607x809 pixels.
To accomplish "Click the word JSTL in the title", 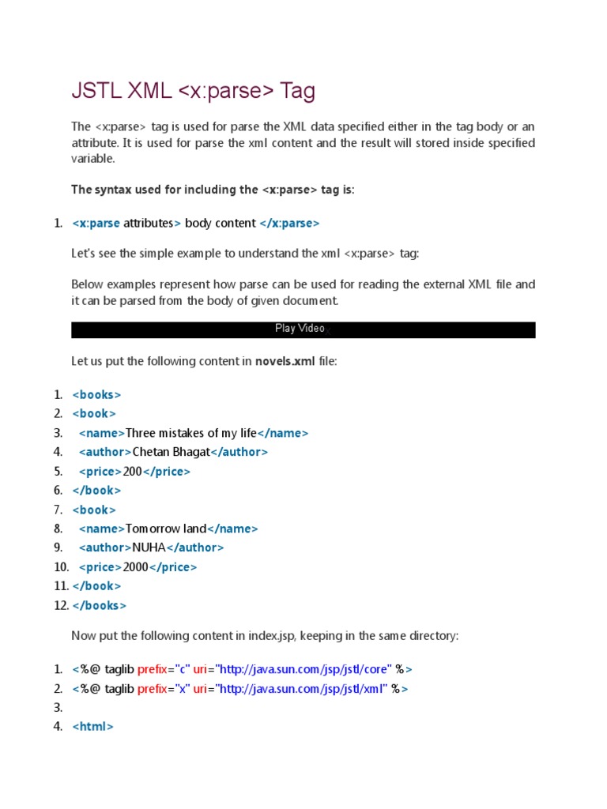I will pos(92,92).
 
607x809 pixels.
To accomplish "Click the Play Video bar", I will pos(303,329).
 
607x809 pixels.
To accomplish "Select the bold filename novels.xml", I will pos(285,362).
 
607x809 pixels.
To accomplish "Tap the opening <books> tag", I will pos(96,395).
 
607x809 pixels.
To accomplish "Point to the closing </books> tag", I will pos(100,606).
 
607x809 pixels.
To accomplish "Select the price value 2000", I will pos(136,567).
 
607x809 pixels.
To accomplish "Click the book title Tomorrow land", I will pos(166,529).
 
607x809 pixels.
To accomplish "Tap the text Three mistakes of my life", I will pos(191,434).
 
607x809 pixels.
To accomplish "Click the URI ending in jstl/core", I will pos(304,669).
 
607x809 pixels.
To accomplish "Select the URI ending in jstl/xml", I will pos(302,689).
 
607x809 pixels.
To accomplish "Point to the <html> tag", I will pos(93,727).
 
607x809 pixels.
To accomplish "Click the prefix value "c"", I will pos(183,669).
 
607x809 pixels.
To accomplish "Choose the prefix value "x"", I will pos(183,689).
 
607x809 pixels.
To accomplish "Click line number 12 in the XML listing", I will pos(61,606).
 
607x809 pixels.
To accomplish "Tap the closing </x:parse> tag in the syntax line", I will pos(289,224).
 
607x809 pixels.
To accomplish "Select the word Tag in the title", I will pos(298,92).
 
